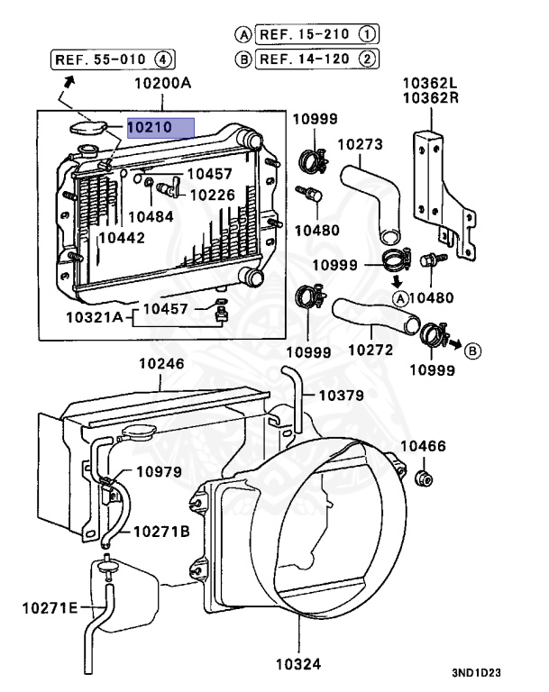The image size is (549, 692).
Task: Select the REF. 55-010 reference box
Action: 113,59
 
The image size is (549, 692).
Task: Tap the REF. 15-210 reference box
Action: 316,34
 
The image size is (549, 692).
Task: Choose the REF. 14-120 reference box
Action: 316,59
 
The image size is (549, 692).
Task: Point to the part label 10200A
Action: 162,83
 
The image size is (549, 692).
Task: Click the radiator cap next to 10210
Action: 88,128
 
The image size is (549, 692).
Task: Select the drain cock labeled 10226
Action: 168,187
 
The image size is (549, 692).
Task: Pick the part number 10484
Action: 151,216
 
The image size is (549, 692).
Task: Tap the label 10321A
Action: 94,317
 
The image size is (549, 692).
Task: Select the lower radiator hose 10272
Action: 376,314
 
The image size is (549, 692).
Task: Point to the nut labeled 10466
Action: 425,478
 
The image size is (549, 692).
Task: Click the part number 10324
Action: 298,664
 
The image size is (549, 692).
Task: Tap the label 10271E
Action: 50,608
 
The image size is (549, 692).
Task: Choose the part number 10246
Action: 161,364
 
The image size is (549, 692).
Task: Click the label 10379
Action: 342,396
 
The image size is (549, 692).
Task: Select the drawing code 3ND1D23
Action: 476,672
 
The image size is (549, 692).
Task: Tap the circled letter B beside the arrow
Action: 472,351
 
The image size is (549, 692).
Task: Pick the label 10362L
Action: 430,83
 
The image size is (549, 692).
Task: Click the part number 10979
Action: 159,472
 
